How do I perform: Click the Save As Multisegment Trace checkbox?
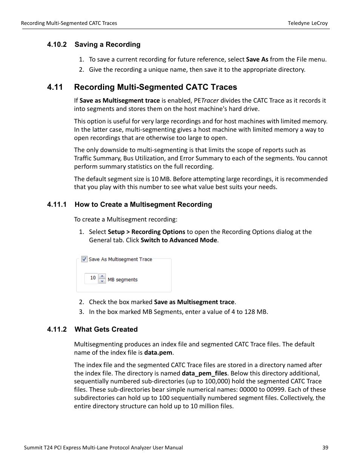(85, 259)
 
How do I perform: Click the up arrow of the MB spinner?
(102, 276)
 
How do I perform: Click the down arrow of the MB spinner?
(102, 281)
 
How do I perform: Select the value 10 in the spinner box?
(92, 278)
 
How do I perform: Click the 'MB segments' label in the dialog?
(123, 280)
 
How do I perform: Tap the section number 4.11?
(55, 87)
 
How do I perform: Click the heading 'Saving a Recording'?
(108, 45)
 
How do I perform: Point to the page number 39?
(325, 448)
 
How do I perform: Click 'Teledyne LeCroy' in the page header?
(308, 23)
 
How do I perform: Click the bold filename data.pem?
(158, 352)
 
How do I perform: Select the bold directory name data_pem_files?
(204, 373)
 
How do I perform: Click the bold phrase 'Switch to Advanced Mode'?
(179, 240)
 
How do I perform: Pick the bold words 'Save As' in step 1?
(257, 59)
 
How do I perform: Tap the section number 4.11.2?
(57, 329)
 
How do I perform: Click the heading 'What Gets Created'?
(106, 329)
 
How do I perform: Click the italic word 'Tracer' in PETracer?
(210, 100)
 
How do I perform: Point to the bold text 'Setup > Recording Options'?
(146, 232)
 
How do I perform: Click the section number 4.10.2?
(57, 45)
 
